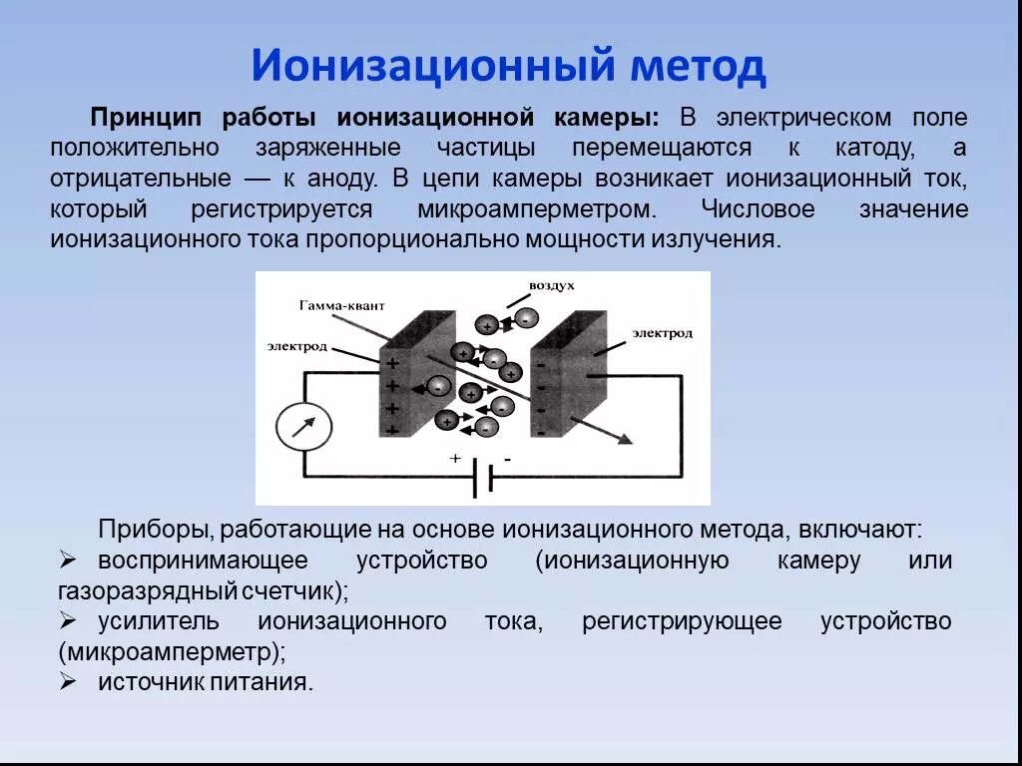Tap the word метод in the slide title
point(698,67)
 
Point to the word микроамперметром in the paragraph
point(539,210)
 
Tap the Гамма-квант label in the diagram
point(339,303)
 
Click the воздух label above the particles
point(551,285)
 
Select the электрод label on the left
point(296,345)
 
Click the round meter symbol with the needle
point(303,427)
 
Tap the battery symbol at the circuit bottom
point(482,479)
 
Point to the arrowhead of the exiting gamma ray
point(627,439)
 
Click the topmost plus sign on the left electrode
point(392,364)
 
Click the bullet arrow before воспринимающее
point(68,560)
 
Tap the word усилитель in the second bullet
point(158,621)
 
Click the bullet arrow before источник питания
point(68,682)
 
